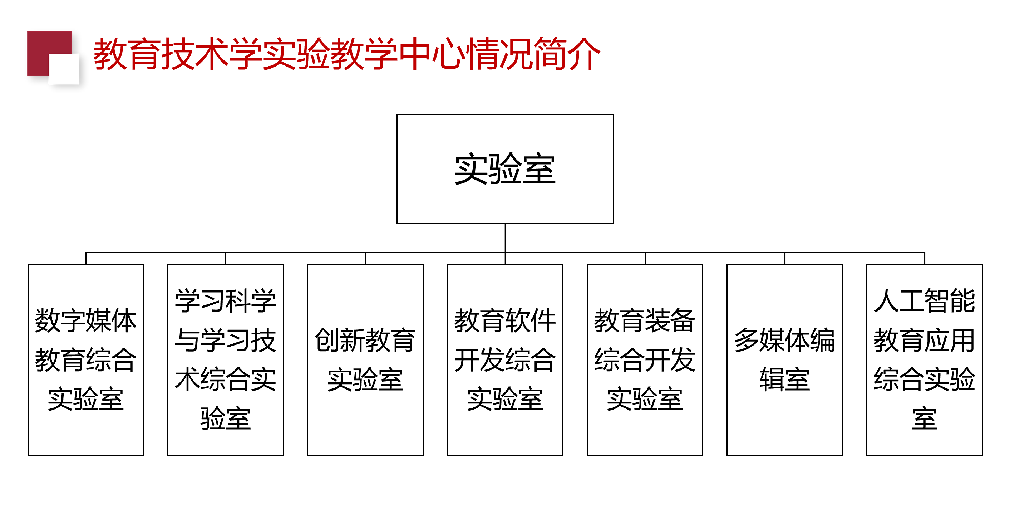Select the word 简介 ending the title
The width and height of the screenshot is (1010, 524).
[567, 54]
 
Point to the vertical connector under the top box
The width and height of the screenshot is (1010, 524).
[505, 238]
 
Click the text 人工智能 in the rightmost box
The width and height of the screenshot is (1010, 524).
[924, 300]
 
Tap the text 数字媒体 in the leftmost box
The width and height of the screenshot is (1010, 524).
[85, 320]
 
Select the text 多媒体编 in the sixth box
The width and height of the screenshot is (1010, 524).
[784, 340]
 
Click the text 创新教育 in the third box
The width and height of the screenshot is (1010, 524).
[365, 340]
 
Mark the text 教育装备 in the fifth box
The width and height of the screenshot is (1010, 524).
[645, 320]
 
